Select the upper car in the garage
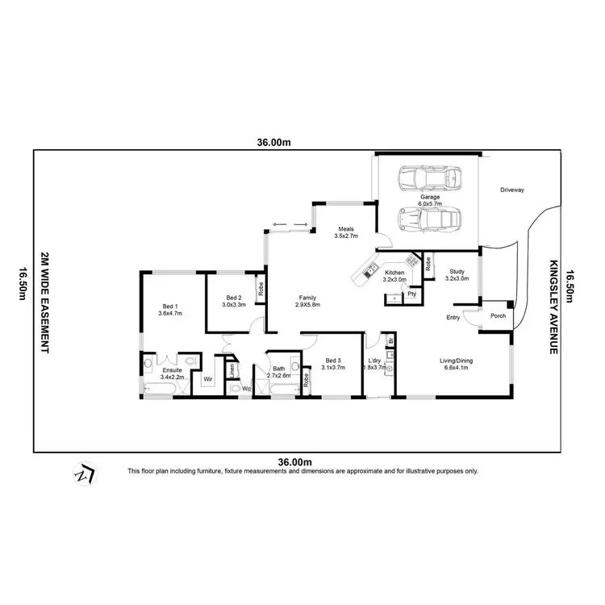[429, 177]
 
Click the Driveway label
[511, 190]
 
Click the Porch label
[498, 315]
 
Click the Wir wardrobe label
[207, 378]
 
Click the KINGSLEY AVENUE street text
[554, 307]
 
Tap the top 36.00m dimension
[273, 143]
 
